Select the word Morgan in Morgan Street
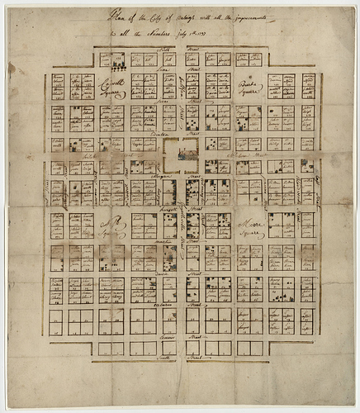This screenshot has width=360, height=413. coord(162,177)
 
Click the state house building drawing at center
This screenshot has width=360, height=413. coord(179,154)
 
